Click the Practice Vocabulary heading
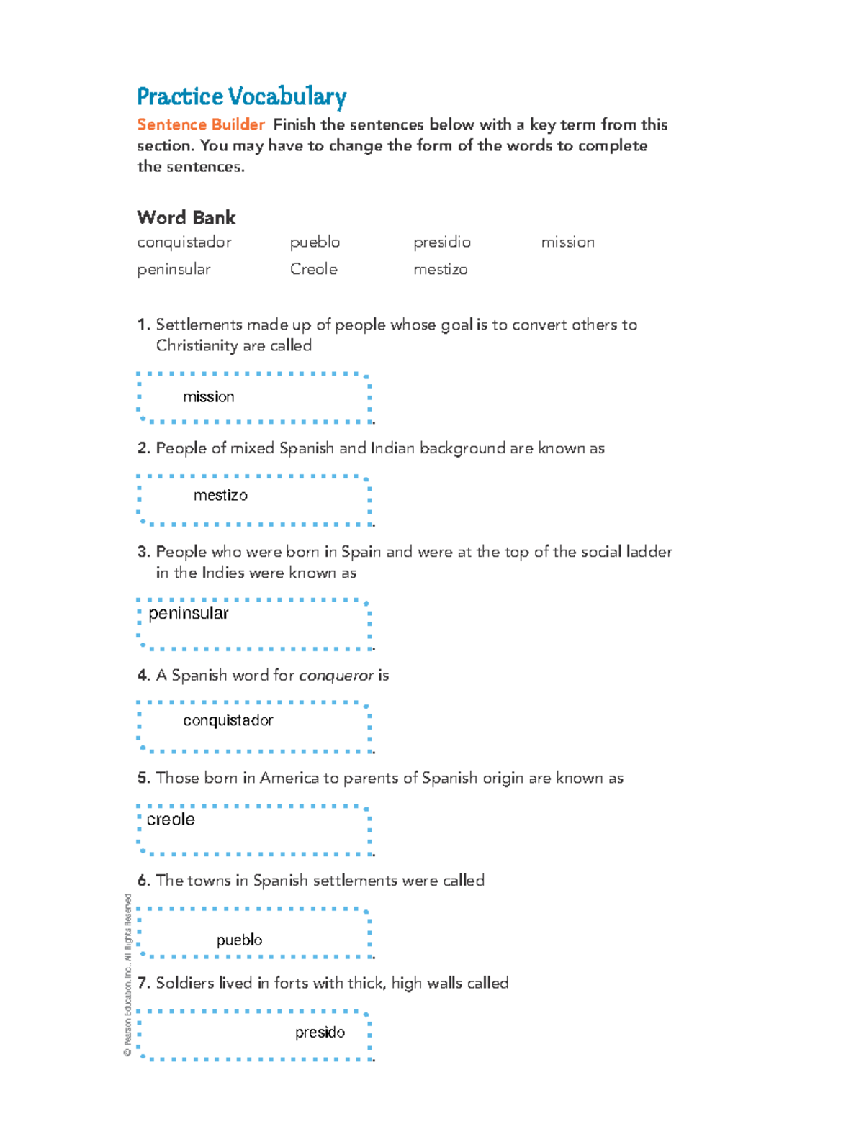coord(241,96)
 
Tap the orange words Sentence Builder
coord(201,124)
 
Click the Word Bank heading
coord(186,217)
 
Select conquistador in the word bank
coord(184,242)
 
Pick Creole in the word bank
coord(313,269)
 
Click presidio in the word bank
coord(441,242)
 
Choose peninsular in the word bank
coord(174,270)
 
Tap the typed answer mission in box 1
coord(208,397)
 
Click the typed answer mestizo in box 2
coord(220,496)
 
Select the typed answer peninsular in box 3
coord(188,613)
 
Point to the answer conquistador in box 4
coord(228,720)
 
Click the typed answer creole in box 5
coord(171,820)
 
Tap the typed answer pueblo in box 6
coord(239,940)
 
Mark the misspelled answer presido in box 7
coord(320,1033)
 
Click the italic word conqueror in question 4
coord(336,676)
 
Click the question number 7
coord(143,984)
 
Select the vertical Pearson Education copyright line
coord(127,975)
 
